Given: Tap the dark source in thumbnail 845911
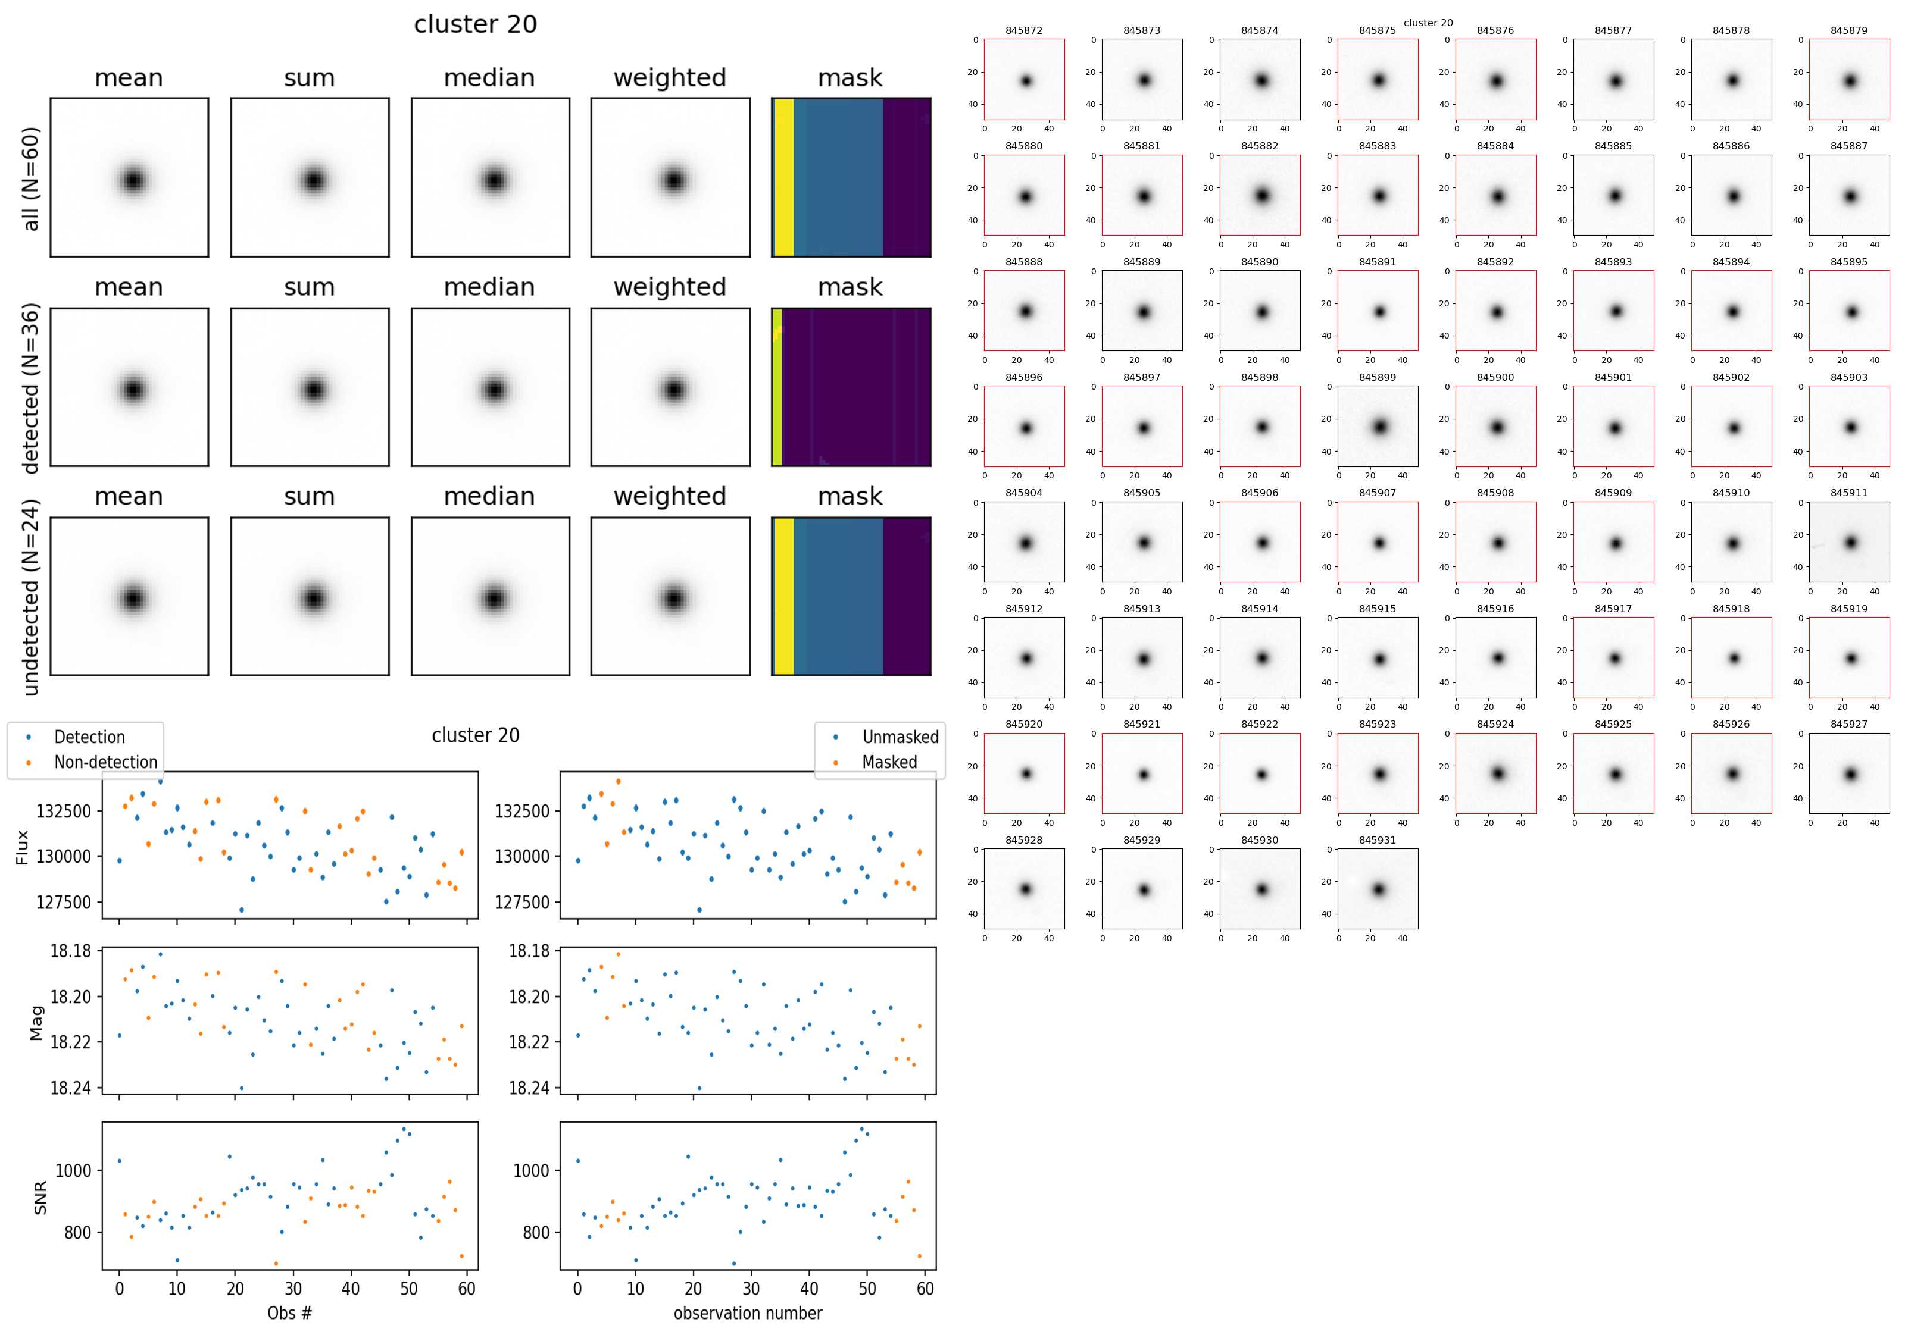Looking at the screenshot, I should [x=1850, y=543].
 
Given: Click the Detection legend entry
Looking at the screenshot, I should [x=89, y=737].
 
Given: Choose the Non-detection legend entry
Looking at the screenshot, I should [x=105, y=762].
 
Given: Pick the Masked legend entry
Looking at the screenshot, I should [x=889, y=762].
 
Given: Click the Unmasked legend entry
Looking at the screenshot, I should [x=900, y=737].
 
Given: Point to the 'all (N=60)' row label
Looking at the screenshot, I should [x=31, y=178].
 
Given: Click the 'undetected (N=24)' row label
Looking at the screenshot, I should [x=31, y=597].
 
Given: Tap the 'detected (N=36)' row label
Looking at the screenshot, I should [x=31, y=388].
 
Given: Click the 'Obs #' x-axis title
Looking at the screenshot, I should [x=289, y=1313].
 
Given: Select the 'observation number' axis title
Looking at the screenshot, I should [x=748, y=1313].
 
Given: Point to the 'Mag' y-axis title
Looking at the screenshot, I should [x=36, y=1023].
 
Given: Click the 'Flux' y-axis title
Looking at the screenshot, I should [x=23, y=848].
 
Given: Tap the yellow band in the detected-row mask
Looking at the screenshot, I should [x=777, y=387].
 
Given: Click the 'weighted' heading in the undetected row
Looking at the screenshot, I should [x=670, y=496].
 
